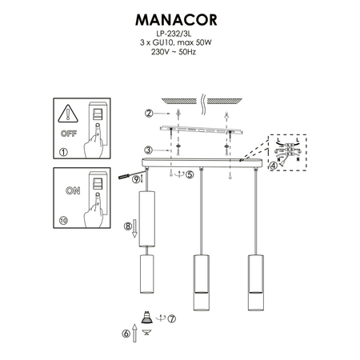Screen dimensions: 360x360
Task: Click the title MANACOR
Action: pyautogui.click(x=179, y=18)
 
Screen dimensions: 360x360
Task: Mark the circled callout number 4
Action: pyautogui.click(x=274, y=166)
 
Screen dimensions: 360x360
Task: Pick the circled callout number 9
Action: pyautogui.click(x=137, y=181)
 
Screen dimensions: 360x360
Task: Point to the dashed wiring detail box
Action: pyautogui.click(x=288, y=150)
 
